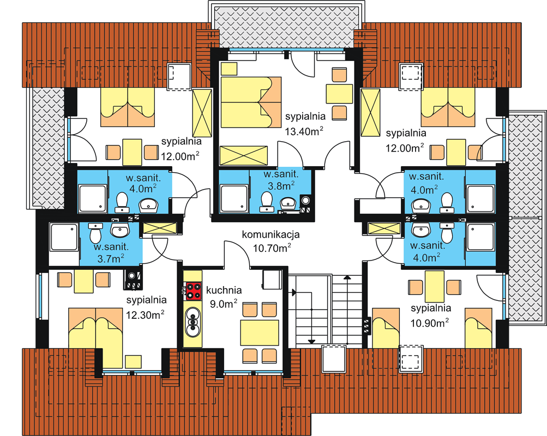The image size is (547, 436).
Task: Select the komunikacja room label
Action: pyautogui.click(x=271, y=234)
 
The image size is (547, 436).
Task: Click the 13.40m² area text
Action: pyautogui.click(x=304, y=131)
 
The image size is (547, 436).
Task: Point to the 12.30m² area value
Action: pyautogui.click(x=145, y=314)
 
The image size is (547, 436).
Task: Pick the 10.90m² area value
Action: pyautogui.click(x=429, y=323)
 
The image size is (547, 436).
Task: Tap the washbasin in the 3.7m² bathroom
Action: pyautogui.click(x=120, y=229)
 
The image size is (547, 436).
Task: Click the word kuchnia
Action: pyautogui.click(x=224, y=290)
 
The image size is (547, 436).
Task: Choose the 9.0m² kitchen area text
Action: pyautogui.click(x=223, y=304)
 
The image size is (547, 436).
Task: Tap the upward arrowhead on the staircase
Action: pyautogui.click(x=347, y=278)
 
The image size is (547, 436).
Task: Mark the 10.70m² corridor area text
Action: pyautogui.click(x=272, y=248)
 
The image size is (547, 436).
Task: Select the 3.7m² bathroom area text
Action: pyautogui.click(x=111, y=258)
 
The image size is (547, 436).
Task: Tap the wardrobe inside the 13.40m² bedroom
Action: pyautogui.click(x=243, y=155)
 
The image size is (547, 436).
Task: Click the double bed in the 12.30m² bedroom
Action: pyautogui.click(x=95, y=337)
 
